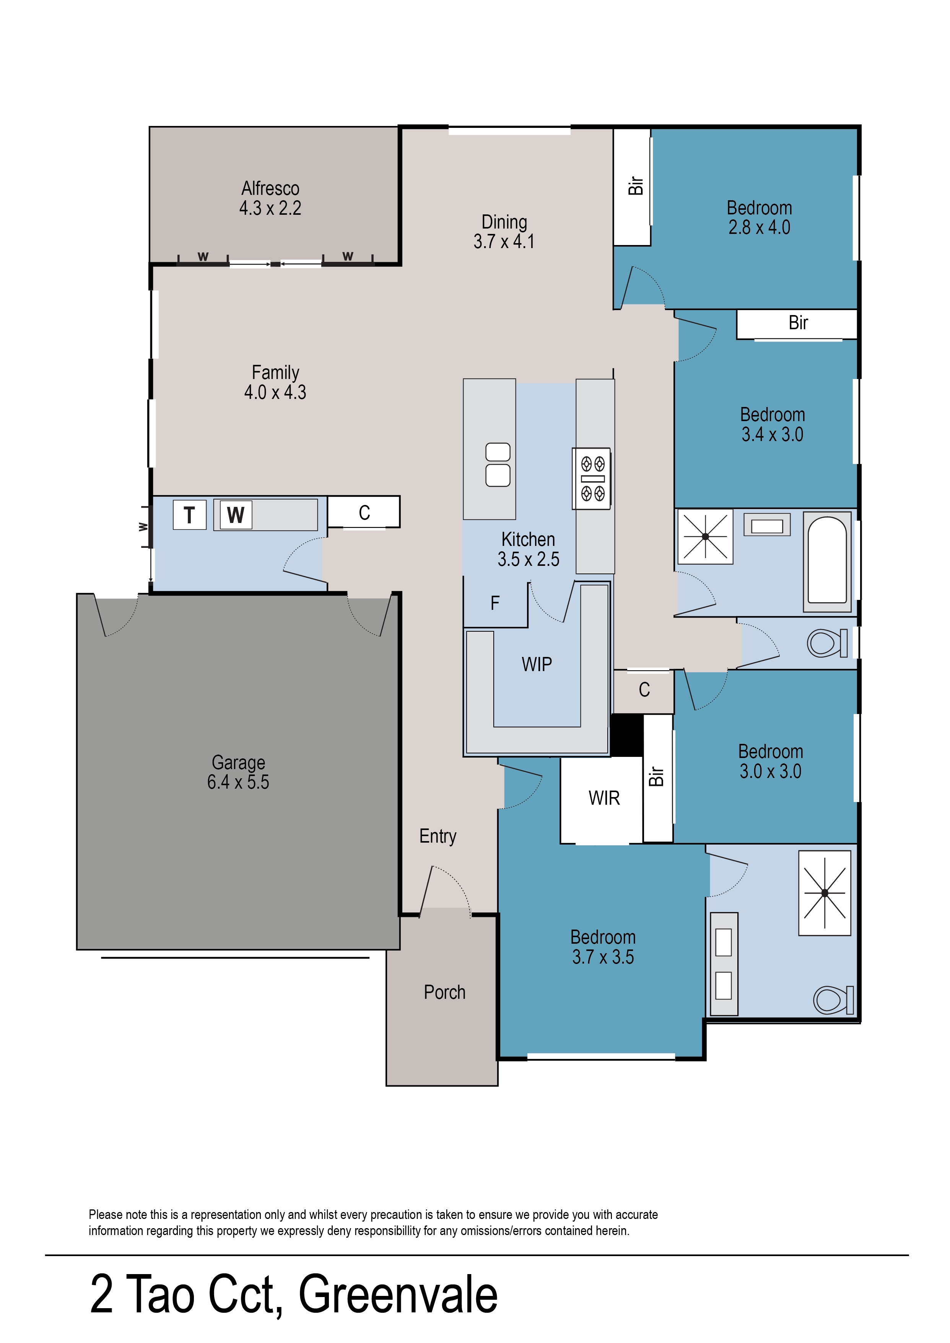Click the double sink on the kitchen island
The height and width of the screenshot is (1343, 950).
click(x=498, y=465)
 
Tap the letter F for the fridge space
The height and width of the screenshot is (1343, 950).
click(x=495, y=603)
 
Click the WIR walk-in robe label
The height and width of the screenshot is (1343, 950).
click(x=604, y=798)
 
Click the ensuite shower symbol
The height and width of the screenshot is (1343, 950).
click(x=824, y=893)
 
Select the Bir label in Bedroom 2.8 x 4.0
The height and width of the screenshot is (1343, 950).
click(x=635, y=186)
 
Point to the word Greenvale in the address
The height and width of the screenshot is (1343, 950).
click(x=398, y=1294)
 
